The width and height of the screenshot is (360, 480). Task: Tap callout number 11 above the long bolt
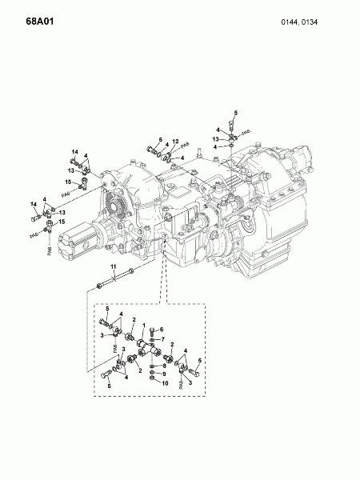pyautogui.click(x=114, y=266)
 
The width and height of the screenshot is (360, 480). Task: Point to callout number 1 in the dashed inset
pyautogui.click(x=142, y=325)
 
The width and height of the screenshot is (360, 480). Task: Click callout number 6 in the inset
pyautogui.click(x=161, y=330)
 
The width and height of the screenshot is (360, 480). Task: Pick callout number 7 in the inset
pyautogui.click(x=161, y=340)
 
